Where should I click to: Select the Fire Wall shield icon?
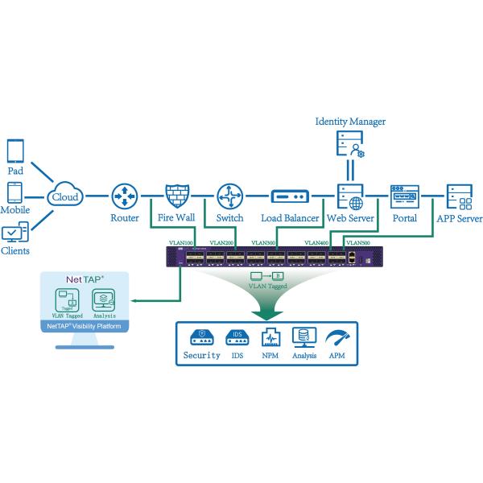click(177, 196)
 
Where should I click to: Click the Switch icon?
click(229, 196)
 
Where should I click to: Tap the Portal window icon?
click(404, 196)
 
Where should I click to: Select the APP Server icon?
click(459, 196)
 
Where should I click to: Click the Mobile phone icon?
click(15, 193)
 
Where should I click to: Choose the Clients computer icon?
click(15, 233)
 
